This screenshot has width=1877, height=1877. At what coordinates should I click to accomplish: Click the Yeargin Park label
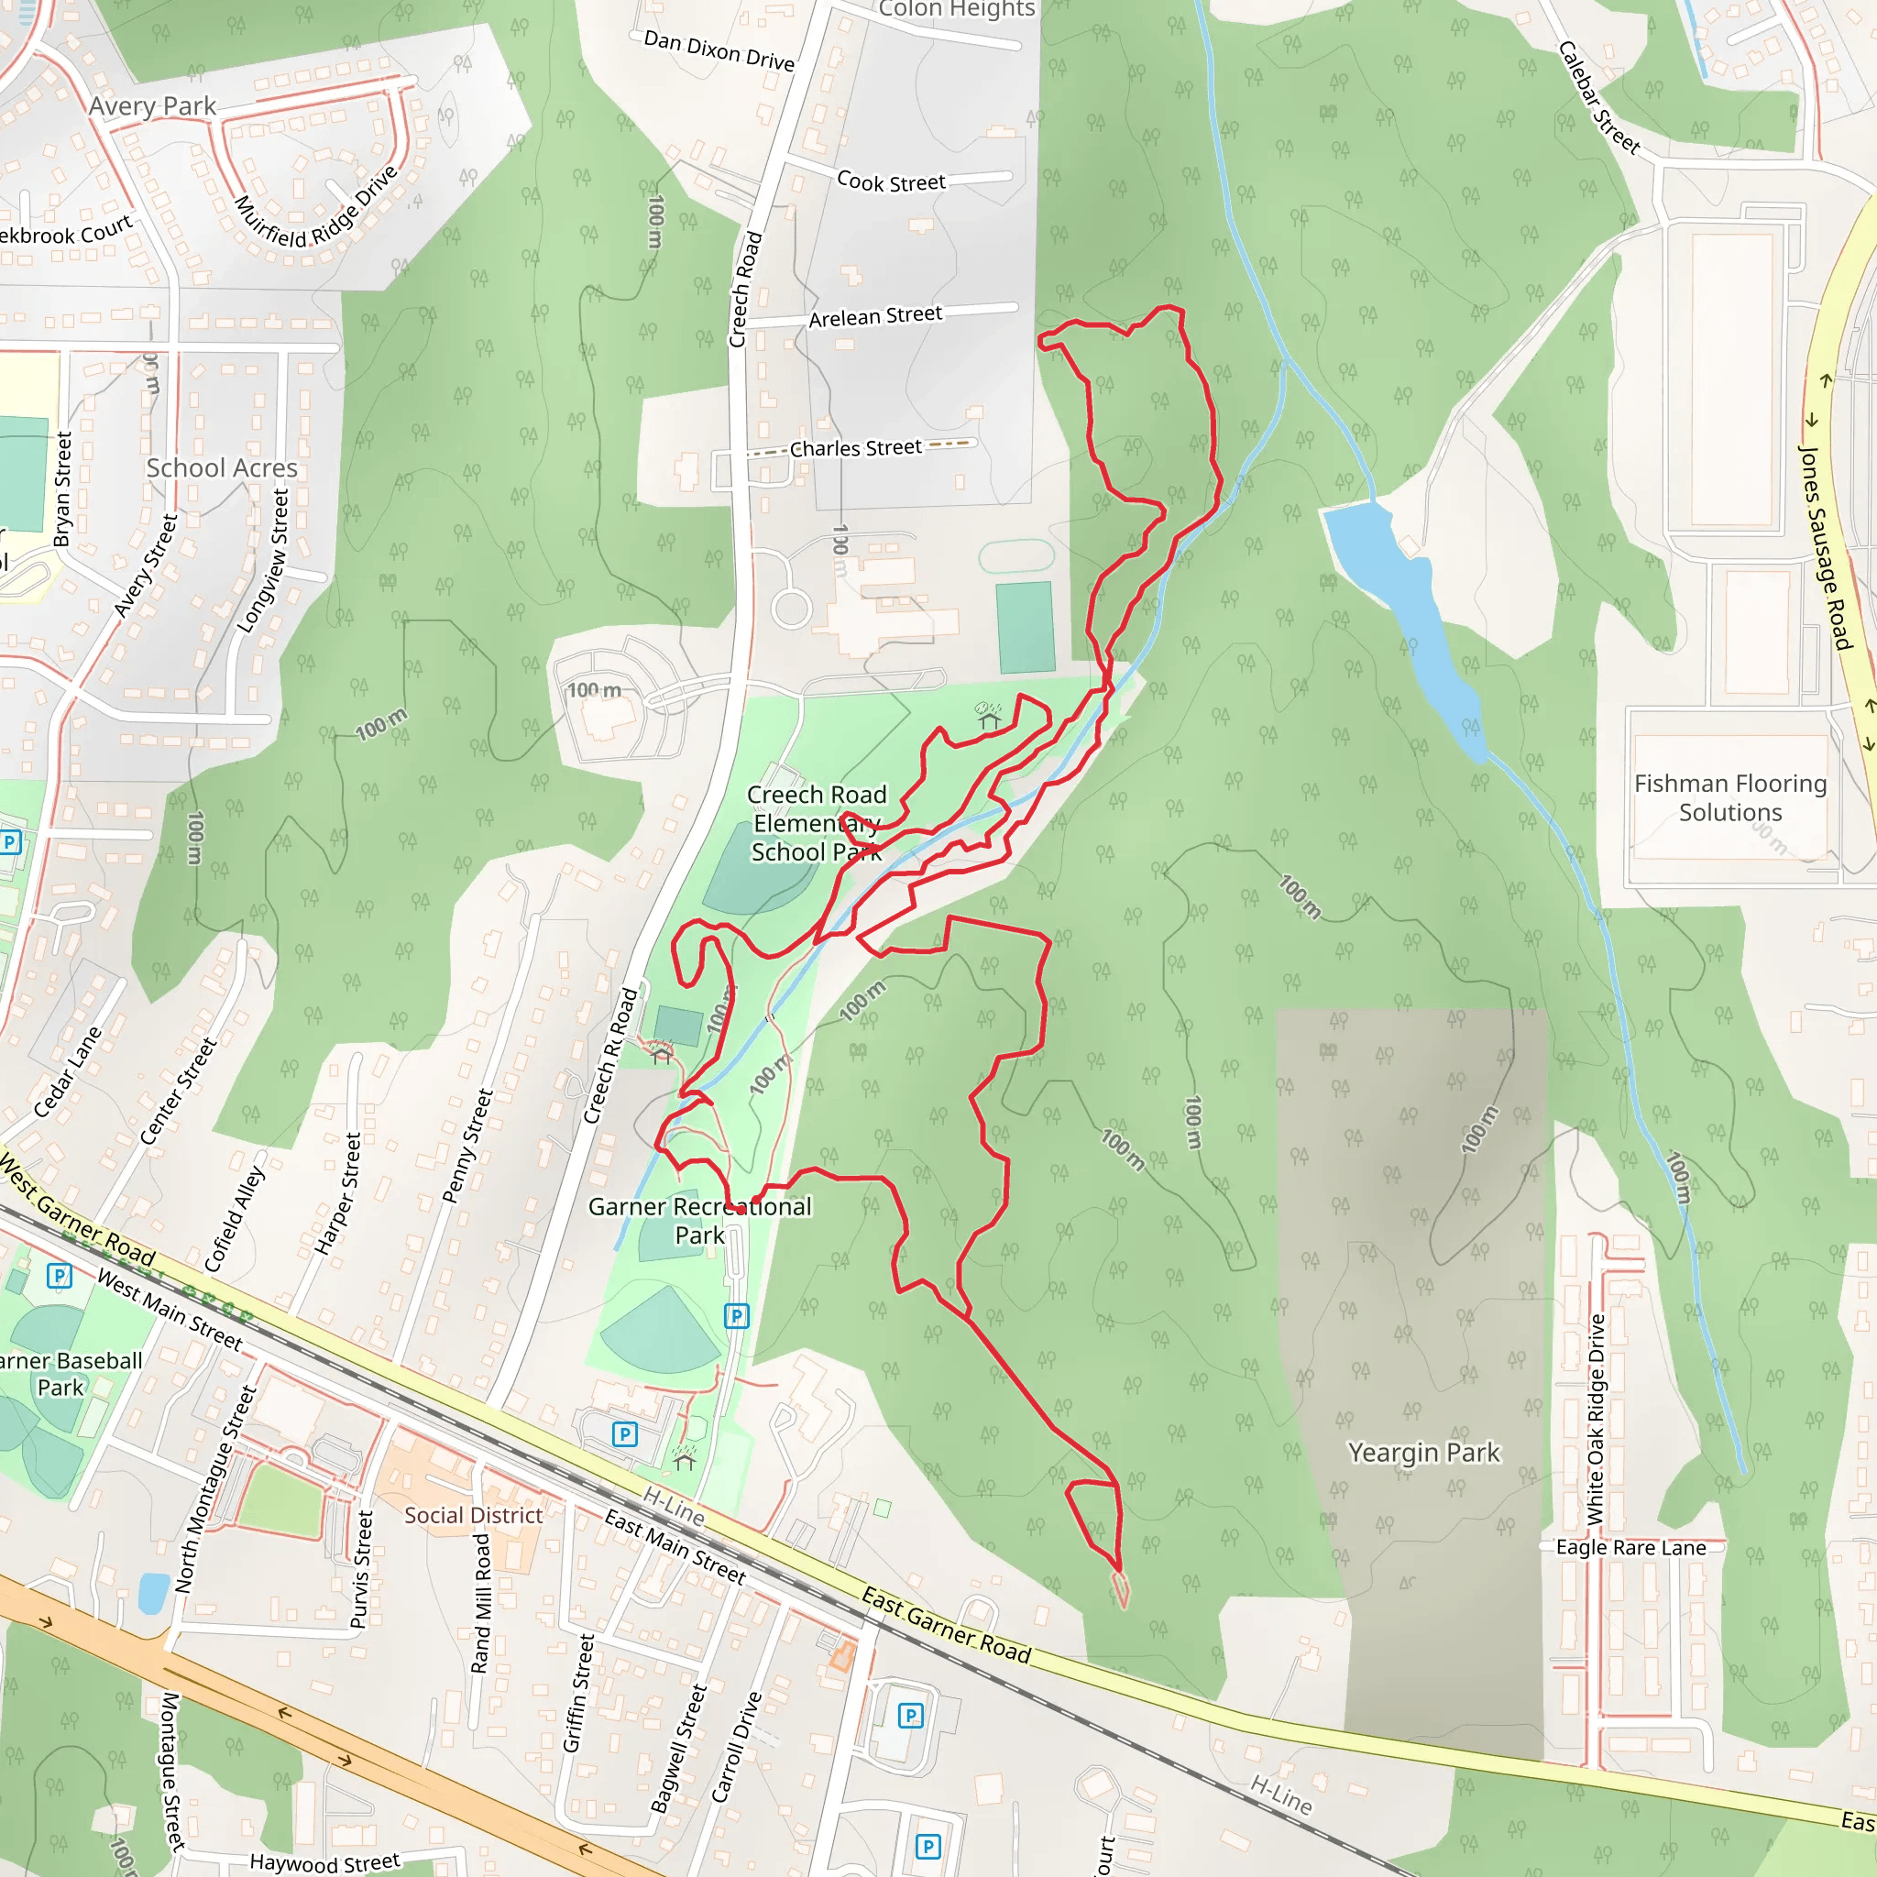click(x=1423, y=1453)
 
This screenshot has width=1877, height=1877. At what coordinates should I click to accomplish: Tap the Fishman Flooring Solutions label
click(x=1729, y=797)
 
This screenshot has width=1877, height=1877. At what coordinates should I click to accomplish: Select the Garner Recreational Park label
click(x=699, y=1220)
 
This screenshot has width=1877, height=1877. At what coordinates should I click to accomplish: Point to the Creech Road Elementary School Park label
click(x=816, y=823)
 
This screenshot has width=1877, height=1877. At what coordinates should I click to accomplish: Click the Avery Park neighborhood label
click(x=152, y=106)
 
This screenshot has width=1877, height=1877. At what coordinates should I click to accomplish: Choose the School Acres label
click(x=222, y=468)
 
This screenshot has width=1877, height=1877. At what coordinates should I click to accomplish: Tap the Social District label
click(x=473, y=1516)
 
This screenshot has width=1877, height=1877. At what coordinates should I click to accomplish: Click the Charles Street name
click(x=855, y=448)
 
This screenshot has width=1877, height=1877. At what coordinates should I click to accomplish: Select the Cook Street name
click(x=891, y=181)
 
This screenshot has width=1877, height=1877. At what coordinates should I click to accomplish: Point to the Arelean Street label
click(x=875, y=316)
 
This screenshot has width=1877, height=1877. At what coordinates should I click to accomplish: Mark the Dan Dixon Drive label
click(x=719, y=50)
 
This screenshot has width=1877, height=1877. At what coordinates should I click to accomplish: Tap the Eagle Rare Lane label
click(x=1631, y=1548)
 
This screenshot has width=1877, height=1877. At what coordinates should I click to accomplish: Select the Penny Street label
click(x=467, y=1147)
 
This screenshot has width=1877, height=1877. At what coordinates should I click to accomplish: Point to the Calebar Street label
click(x=1599, y=97)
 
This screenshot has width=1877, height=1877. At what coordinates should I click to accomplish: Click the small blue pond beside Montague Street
click(x=153, y=1593)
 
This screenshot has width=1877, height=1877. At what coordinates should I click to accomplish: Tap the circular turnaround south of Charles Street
click(x=792, y=609)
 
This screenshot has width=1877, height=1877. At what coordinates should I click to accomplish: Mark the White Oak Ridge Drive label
click(x=1597, y=1420)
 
